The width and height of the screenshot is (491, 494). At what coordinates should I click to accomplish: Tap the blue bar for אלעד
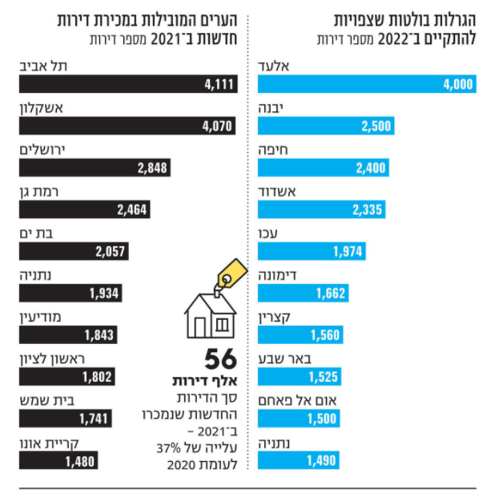tap(368, 84)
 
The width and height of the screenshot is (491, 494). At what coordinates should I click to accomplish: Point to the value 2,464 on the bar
tap(131, 209)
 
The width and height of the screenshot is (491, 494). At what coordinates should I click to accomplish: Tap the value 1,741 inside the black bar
tap(94, 419)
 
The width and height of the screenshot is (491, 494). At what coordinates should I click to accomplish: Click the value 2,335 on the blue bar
tap(368, 209)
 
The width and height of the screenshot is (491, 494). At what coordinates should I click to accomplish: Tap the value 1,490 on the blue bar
tap(321, 460)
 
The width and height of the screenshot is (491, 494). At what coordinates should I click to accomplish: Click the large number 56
tap(220, 358)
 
